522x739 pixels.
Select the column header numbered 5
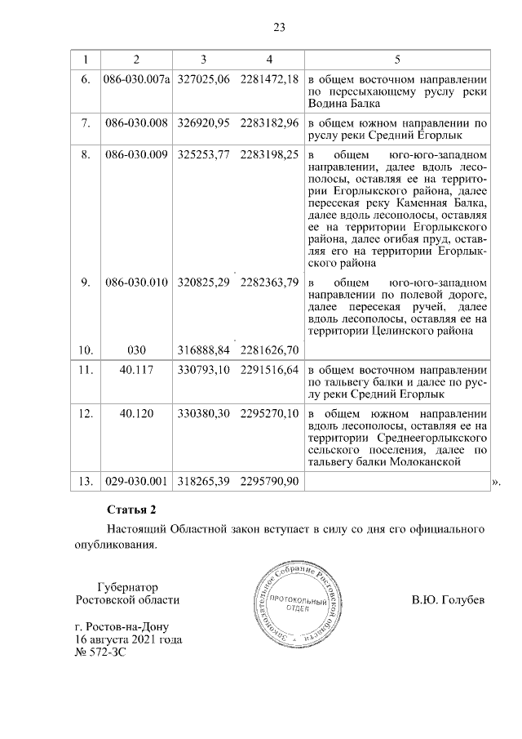click(x=397, y=60)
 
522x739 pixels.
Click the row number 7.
click(x=85, y=123)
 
